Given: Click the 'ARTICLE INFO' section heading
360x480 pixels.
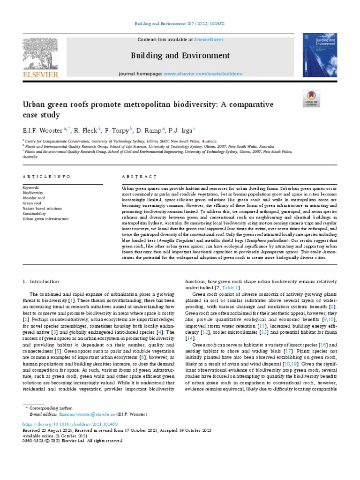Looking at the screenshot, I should pyautogui.click(x=46, y=176).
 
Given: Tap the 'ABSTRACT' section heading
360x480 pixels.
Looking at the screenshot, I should pyautogui.click(x=139, y=176).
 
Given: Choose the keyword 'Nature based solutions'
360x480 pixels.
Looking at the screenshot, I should pyautogui.click(x=42, y=208).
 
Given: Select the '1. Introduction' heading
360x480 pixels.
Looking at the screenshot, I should pyautogui.click(x=41, y=281).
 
